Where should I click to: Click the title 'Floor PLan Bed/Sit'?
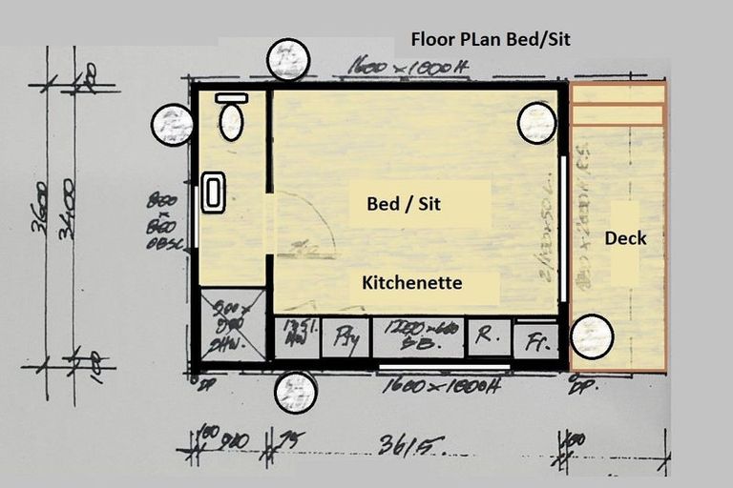pos(491,40)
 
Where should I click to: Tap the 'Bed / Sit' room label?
pos(404,204)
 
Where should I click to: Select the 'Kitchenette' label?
pos(412,283)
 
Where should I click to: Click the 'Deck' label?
pos(625,238)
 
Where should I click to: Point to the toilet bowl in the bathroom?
pos(231,123)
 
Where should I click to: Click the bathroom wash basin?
pos(214,193)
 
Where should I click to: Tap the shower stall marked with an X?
pos(232,324)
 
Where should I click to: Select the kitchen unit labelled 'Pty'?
pos(345,337)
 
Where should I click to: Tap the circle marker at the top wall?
pos(288,60)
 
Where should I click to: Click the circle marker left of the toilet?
pos(173,124)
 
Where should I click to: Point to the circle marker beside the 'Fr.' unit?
pos(592,336)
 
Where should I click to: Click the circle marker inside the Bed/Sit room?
pos(536,123)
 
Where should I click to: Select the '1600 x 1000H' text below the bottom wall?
pos(441,387)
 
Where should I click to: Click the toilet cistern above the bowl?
pos(231,98)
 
